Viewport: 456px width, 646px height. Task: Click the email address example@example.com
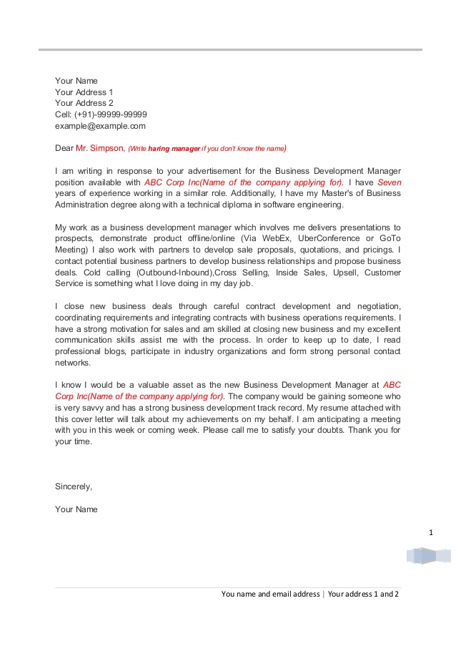click(100, 126)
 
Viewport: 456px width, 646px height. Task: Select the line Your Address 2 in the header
click(84, 103)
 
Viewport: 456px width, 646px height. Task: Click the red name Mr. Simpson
click(99, 149)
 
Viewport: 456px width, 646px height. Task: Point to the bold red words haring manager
click(174, 150)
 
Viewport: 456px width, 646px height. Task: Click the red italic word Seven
click(389, 182)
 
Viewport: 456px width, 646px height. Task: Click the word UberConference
click(324, 238)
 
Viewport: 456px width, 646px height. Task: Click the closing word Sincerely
click(74, 486)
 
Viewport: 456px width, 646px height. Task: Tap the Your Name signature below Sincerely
click(76, 509)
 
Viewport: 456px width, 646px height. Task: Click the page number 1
click(431, 532)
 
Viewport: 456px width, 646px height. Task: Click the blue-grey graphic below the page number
click(428, 556)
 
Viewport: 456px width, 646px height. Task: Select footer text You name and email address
click(270, 594)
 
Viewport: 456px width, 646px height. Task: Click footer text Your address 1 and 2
click(363, 594)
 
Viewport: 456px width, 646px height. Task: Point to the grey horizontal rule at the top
click(229, 49)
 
